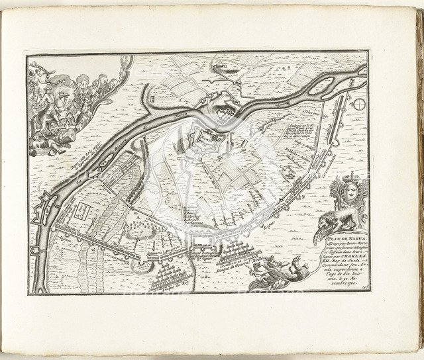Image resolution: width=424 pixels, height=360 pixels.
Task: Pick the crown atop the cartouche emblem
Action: coord(348,179)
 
